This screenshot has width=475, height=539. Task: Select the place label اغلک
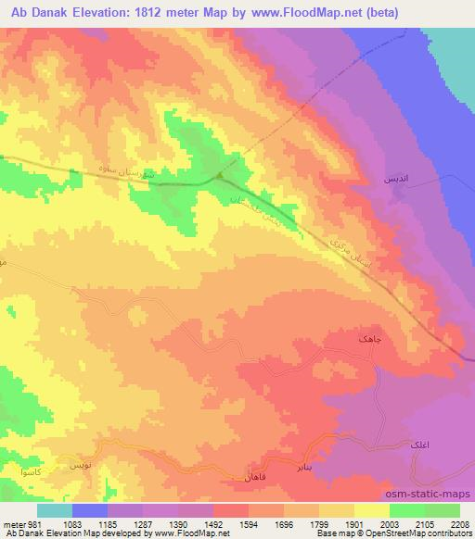pyautogui.click(x=417, y=445)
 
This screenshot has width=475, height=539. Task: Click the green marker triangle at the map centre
pyautogui.click(x=219, y=176)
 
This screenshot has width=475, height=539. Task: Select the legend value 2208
pyautogui.click(x=460, y=523)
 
